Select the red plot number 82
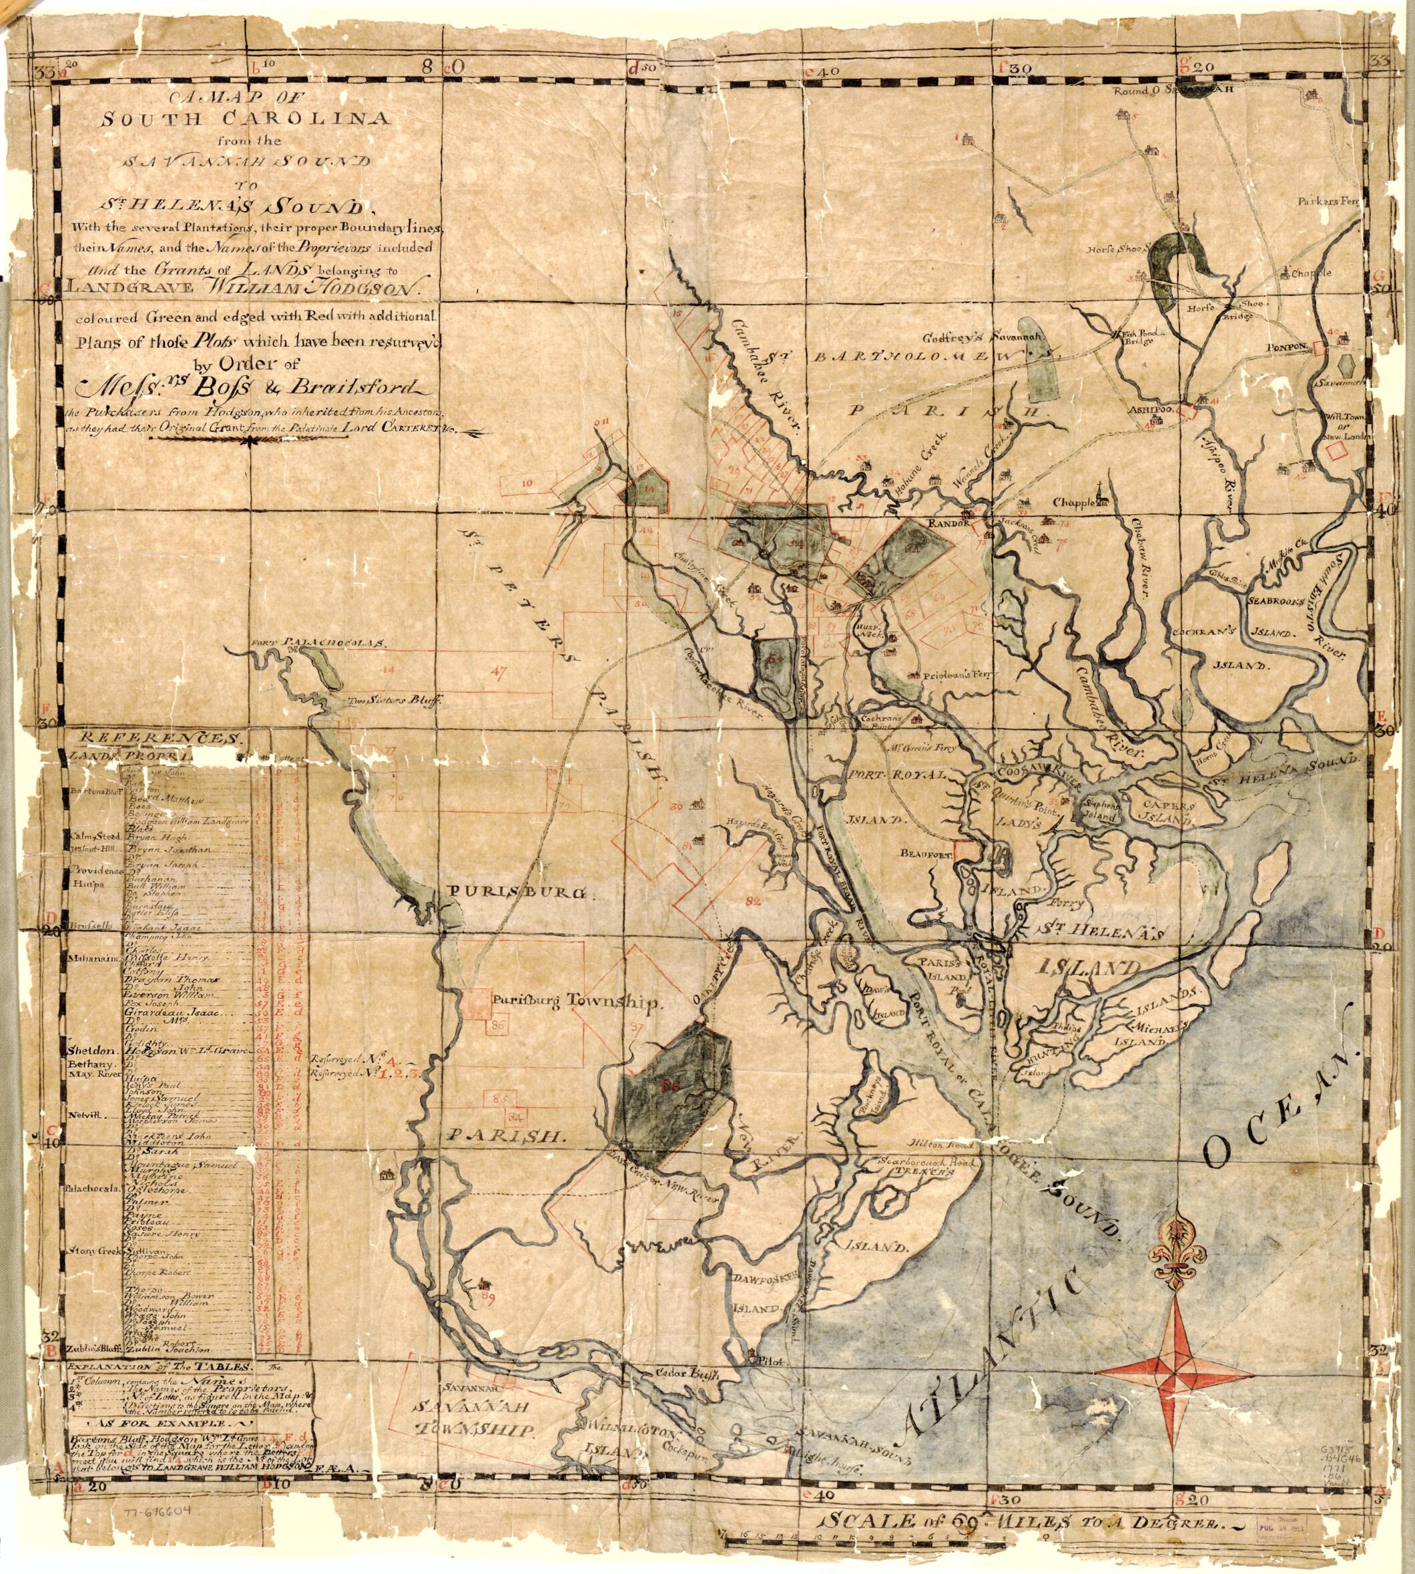click(751, 902)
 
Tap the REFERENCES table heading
click(156, 737)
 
